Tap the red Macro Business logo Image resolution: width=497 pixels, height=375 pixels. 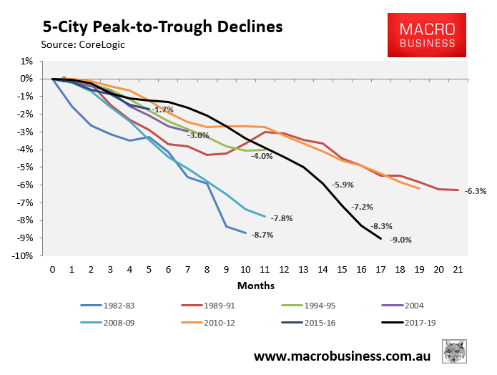[427, 35]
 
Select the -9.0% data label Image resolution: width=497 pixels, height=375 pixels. [400, 240]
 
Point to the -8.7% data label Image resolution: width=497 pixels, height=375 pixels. [262, 235]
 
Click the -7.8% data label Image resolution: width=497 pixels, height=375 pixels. [282, 218]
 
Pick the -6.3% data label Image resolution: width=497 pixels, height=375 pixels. [476, 191]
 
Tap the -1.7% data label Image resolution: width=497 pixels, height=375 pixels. [164, 109]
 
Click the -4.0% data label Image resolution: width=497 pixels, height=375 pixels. [261, 156]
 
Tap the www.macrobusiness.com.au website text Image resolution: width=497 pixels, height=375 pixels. [340, 356]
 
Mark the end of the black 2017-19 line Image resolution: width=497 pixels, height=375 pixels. [380, 238]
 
